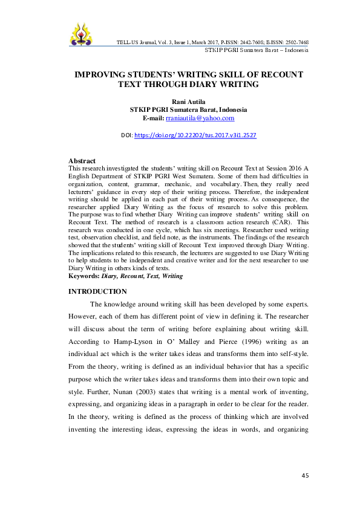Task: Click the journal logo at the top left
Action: click(x=82, y=36)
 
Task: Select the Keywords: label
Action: click(x=85, y=276)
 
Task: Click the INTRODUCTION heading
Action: click(x=98, y=291)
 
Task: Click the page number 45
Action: click(x=305, y=476)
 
